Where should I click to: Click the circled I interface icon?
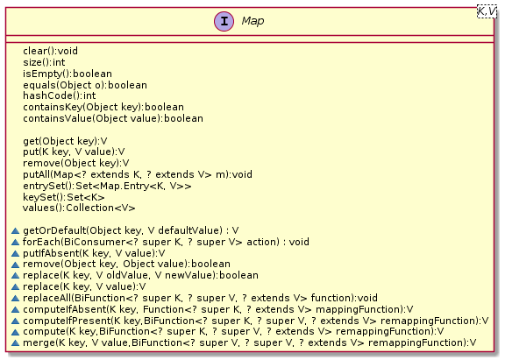pyautogui.click(x=224, y=21)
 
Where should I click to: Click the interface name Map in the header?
pyautogui.click(x=252, y=21)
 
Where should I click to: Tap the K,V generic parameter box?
pyautogui.click(x=487, y=12)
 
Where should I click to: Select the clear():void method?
pyautogui.click(x=50, y=51)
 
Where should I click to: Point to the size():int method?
pyautogui.click(x=44, y=62)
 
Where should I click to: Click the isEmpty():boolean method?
pyautogui.click(x=68, y=74)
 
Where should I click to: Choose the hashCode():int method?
pyautogui.click(x=60, y=95)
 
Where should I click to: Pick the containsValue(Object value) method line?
pyautogui.click(x=113, y=118)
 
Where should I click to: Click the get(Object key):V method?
pyautogui.click(x=65, y=141)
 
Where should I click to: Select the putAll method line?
pyautogui.click(x=138, y=174)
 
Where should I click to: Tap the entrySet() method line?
pyautogui.click(x=107, y=186)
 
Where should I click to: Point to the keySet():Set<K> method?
pyautogui.click(x=63, y=197)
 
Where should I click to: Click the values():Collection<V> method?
pyautogui.click(x=79, y=208)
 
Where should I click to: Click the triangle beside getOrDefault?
pyautogui.click(x=15, y=230)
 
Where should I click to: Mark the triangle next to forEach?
pyautogui.click(x=15, y=242)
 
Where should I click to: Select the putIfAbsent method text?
pyautogui.click(x=94, y=253)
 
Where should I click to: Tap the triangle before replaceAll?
pyautogui.click(x=15, y=298)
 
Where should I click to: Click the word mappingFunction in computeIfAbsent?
pyautogui.click(x=359, y=309)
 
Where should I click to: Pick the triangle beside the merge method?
pyautogui.click(x=15, y=343)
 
